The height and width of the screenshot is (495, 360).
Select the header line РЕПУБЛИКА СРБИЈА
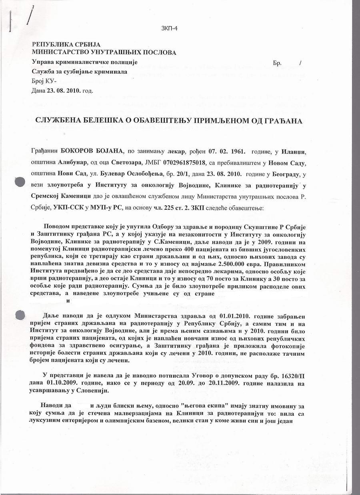pos(66,45)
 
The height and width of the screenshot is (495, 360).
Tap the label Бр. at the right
pos(278,63)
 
